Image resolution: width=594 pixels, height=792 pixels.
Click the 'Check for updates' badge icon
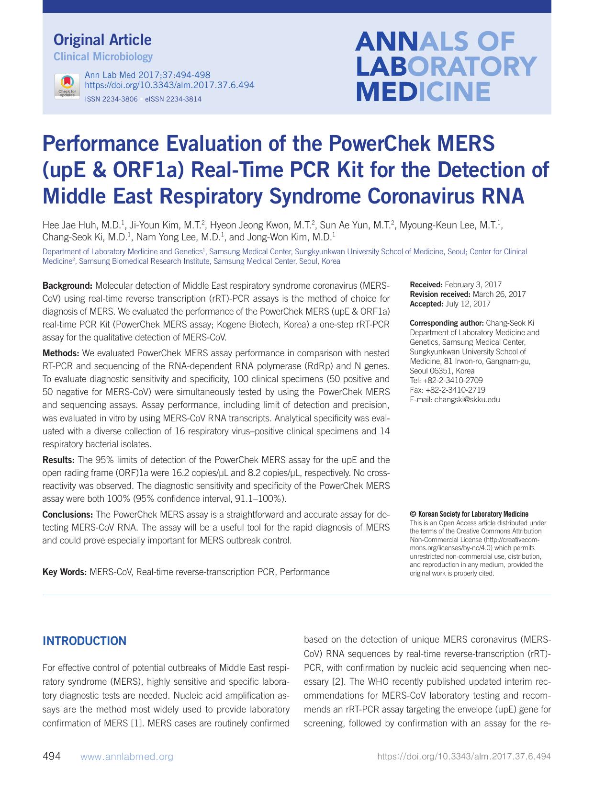pyautogui.click(x=67, y=86)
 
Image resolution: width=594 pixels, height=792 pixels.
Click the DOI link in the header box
pyautogui.click(x=169, y=85)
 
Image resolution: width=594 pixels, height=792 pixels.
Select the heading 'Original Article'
pyautogui.click(x=102, y=40)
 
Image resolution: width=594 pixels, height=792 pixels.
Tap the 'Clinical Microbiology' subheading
pyautogui.click(x=103, y=57)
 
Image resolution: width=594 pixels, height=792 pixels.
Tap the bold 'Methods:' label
pyautogui.click(x=61, y=353)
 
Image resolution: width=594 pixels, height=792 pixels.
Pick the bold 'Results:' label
pyautogui.click(x=58, y=460)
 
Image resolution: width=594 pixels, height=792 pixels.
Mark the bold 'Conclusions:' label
pyautogui.click(x=67, y=515)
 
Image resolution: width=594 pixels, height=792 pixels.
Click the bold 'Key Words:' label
pyautogui.click(x=64, y=572)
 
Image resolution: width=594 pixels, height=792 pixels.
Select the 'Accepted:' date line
pyautogui.click(x=450, y=304)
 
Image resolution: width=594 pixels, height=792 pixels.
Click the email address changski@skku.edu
pyautogui.click(x=467, y=400)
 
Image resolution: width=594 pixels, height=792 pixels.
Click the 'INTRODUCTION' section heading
pyautogui.click(x=84, y=641)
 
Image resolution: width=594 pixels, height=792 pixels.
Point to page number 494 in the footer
pyautogui.click(x=52, y=757)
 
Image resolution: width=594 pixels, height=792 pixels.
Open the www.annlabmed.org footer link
pyautogui.click(x=127, y=757)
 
